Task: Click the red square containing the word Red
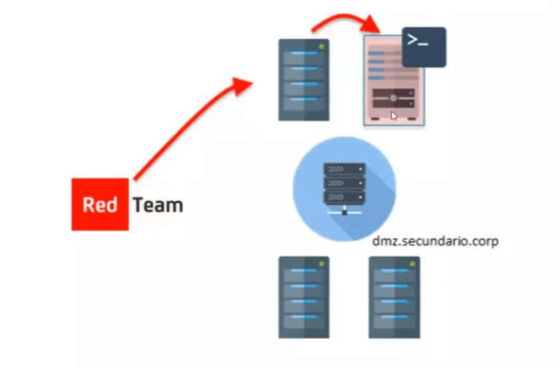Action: coord(100,204)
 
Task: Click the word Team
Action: coord(157,205)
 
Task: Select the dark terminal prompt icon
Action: coord(424,47)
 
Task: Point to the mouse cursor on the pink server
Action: coord(394,114)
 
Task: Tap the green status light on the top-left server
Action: coord(322,46)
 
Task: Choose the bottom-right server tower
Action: coord(394,297)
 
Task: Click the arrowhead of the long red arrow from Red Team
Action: coord(244,85)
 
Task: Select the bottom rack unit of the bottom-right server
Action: coord(394,318)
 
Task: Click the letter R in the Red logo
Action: coord(89,205)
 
